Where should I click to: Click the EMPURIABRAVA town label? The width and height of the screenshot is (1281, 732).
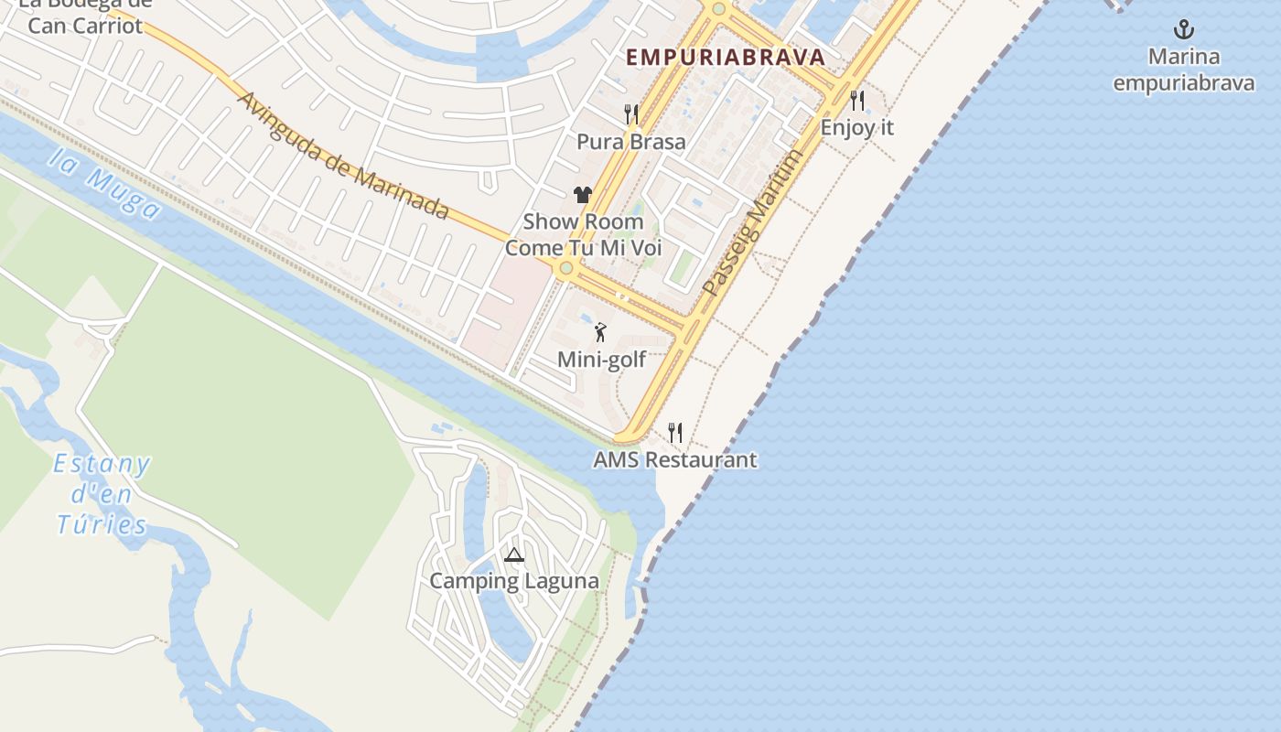coord(726,57)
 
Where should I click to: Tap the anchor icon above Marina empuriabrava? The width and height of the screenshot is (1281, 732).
coord(1184,30)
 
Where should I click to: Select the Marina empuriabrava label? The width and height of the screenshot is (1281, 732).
coord(1183,70)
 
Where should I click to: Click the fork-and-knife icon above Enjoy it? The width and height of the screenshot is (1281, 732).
coord(857,100)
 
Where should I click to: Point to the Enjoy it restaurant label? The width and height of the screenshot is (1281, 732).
coord(856,127)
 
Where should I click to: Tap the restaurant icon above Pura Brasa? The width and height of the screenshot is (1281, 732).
coord(630,114)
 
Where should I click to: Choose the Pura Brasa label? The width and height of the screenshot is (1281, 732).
coord(630,142)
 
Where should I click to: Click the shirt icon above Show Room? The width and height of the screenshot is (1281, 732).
coord(583,194)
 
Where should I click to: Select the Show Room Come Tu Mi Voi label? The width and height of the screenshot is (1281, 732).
coord(583,234)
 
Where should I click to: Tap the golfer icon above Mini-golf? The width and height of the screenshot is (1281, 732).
coord(601,332)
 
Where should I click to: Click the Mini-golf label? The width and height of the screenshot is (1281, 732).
coord(601,360)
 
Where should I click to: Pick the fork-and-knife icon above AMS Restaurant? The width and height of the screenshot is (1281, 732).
coord(675,432)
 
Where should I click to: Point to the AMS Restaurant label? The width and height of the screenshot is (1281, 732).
coord(675,459)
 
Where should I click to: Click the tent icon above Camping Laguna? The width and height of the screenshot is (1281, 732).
coord(514,554)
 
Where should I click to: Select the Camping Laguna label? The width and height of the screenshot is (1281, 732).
coord(514,581)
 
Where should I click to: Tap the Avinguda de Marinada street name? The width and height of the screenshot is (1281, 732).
coord(343,156)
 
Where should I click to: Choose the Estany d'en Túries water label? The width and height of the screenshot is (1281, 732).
coord(102,494)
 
